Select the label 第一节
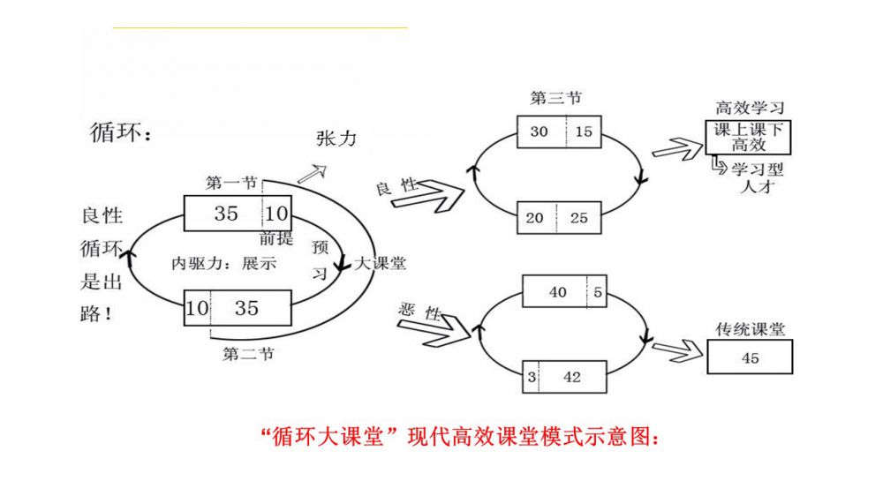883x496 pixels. tap(231, 183)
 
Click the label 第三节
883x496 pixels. tap(555, 98)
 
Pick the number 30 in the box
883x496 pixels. tap(539, 132)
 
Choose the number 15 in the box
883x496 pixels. tap(584, 132)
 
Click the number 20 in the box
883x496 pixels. tap(535, 217)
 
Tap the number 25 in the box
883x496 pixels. tap(578, 217)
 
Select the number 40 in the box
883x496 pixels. tap(558, 292)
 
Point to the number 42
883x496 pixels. tap(572, 377)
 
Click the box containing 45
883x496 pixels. tap(750, 357)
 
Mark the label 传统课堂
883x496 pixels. tap(750, 329)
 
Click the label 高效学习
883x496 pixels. tap(750, 108)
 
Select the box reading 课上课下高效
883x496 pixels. tap(750, 137)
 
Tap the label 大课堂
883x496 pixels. tap(381, 263)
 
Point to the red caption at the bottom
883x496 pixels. tap(461, 436)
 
